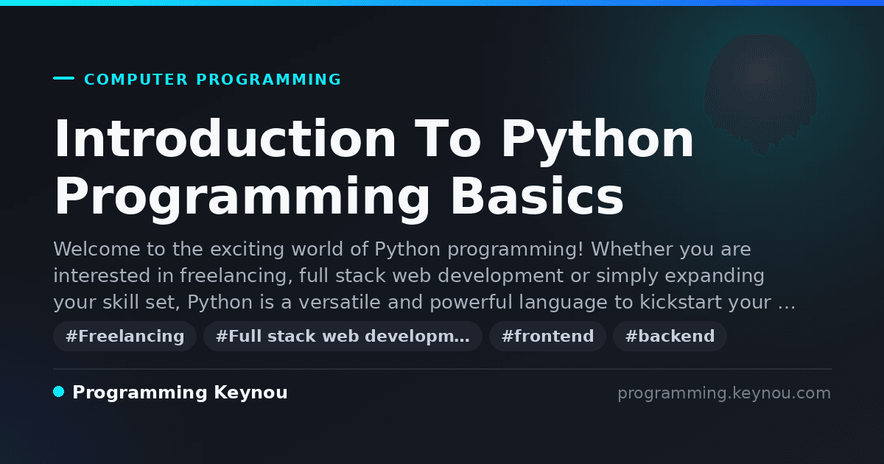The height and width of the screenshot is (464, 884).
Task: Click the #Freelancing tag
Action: point(124,336)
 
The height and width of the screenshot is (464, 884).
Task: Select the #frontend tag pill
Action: point(547,336)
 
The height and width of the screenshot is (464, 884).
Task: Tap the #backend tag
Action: point(670,336)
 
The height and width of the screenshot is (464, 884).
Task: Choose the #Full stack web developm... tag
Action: point(343,336)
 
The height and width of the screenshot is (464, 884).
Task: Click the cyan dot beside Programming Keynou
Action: point(59,392)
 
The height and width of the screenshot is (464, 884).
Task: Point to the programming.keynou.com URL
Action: point(724,393)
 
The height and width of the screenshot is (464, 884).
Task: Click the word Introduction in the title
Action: point(225,138)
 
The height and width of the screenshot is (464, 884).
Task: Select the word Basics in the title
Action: point(537,196)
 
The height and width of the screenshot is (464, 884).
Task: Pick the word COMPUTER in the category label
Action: point(136,80)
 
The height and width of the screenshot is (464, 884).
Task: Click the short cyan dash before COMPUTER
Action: point(63,78)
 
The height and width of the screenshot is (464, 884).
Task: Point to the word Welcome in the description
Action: point(97,249)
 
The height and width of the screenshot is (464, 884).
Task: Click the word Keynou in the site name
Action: point(250,393)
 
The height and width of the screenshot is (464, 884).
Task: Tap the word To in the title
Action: point(448,138)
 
